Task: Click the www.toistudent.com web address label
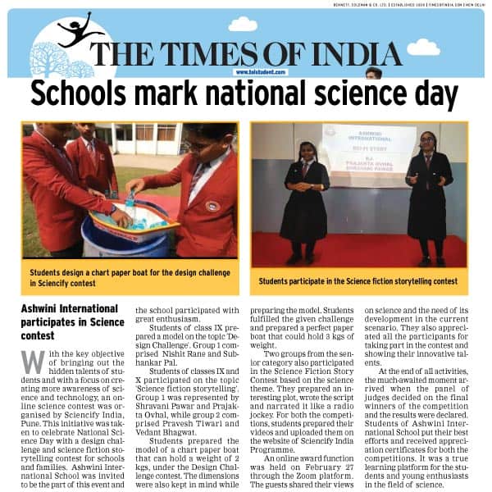point(260,72)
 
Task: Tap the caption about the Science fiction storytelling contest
point(358,281)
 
